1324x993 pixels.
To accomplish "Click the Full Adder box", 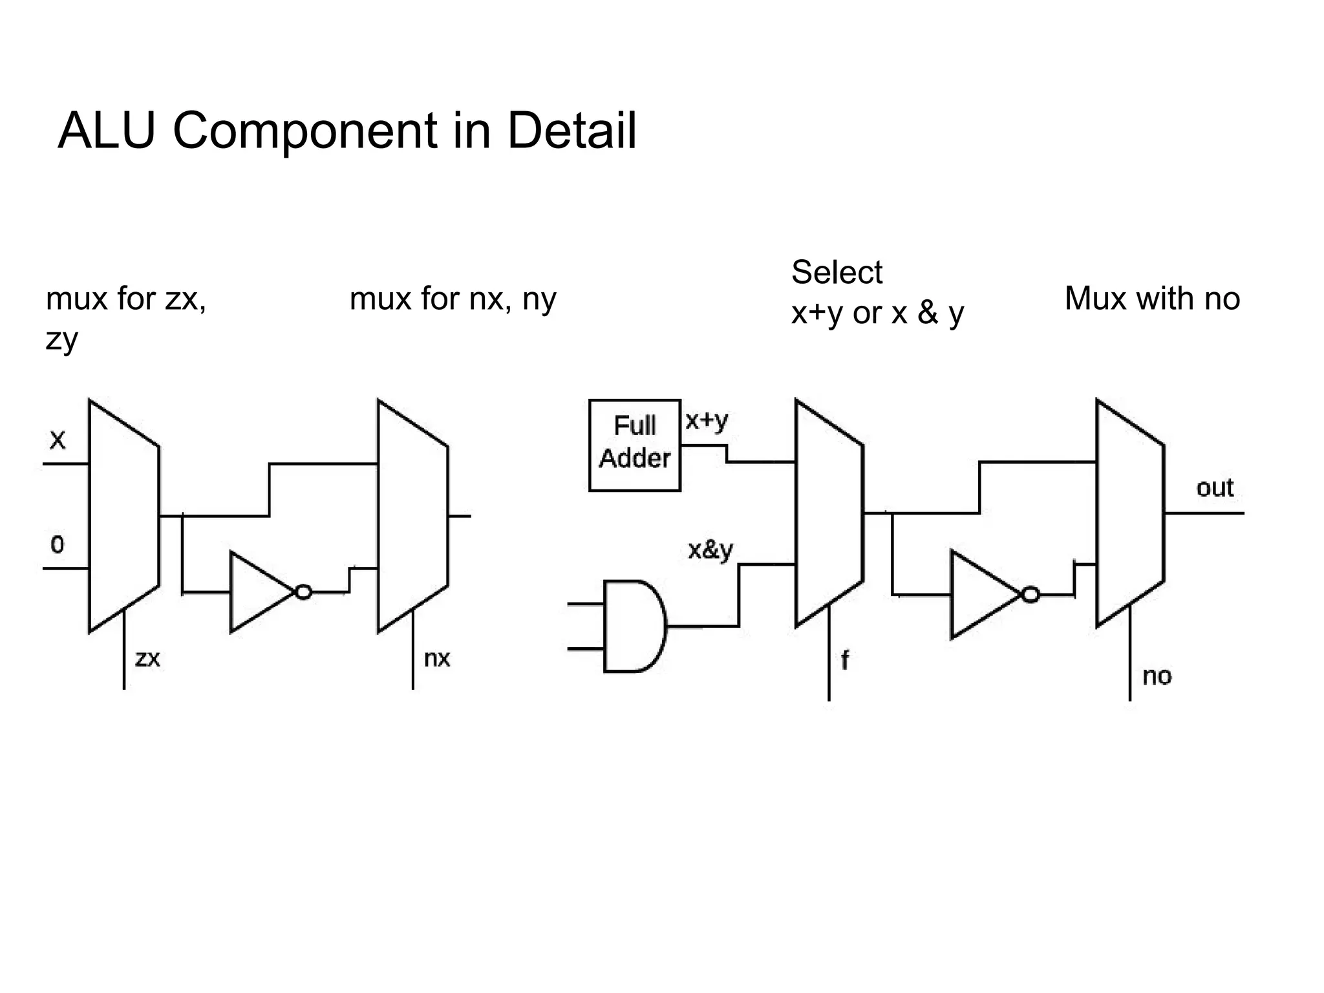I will tap(634, 445).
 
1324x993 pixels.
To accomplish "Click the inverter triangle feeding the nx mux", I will tap(259, 592).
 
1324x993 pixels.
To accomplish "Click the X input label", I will tap(58, 441).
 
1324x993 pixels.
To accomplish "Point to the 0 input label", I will tap(58, 545).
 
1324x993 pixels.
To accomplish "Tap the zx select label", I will tap(147, 659).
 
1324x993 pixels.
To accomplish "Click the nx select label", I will tap(437, 659).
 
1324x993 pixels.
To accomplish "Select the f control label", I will tap(844, 660).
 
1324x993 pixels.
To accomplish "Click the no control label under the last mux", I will tap(1157, 676).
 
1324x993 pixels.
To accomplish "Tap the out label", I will tap(1214, 487).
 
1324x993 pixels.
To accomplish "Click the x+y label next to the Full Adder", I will tap(707, 421).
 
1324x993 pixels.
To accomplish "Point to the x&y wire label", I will tap(710, 550).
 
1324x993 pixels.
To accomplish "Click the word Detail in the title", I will tap(571, 131).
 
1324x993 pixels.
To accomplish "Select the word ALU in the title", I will tap(107, 131).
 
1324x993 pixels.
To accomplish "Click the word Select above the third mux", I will tap(836, 272).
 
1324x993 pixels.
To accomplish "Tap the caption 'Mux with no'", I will tap(1152, 299).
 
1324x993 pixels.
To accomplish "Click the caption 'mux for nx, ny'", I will tap(453, 299).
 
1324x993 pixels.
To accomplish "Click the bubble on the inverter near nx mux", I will tap(303, 592).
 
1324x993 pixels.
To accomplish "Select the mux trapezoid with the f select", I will tap(828, 513).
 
